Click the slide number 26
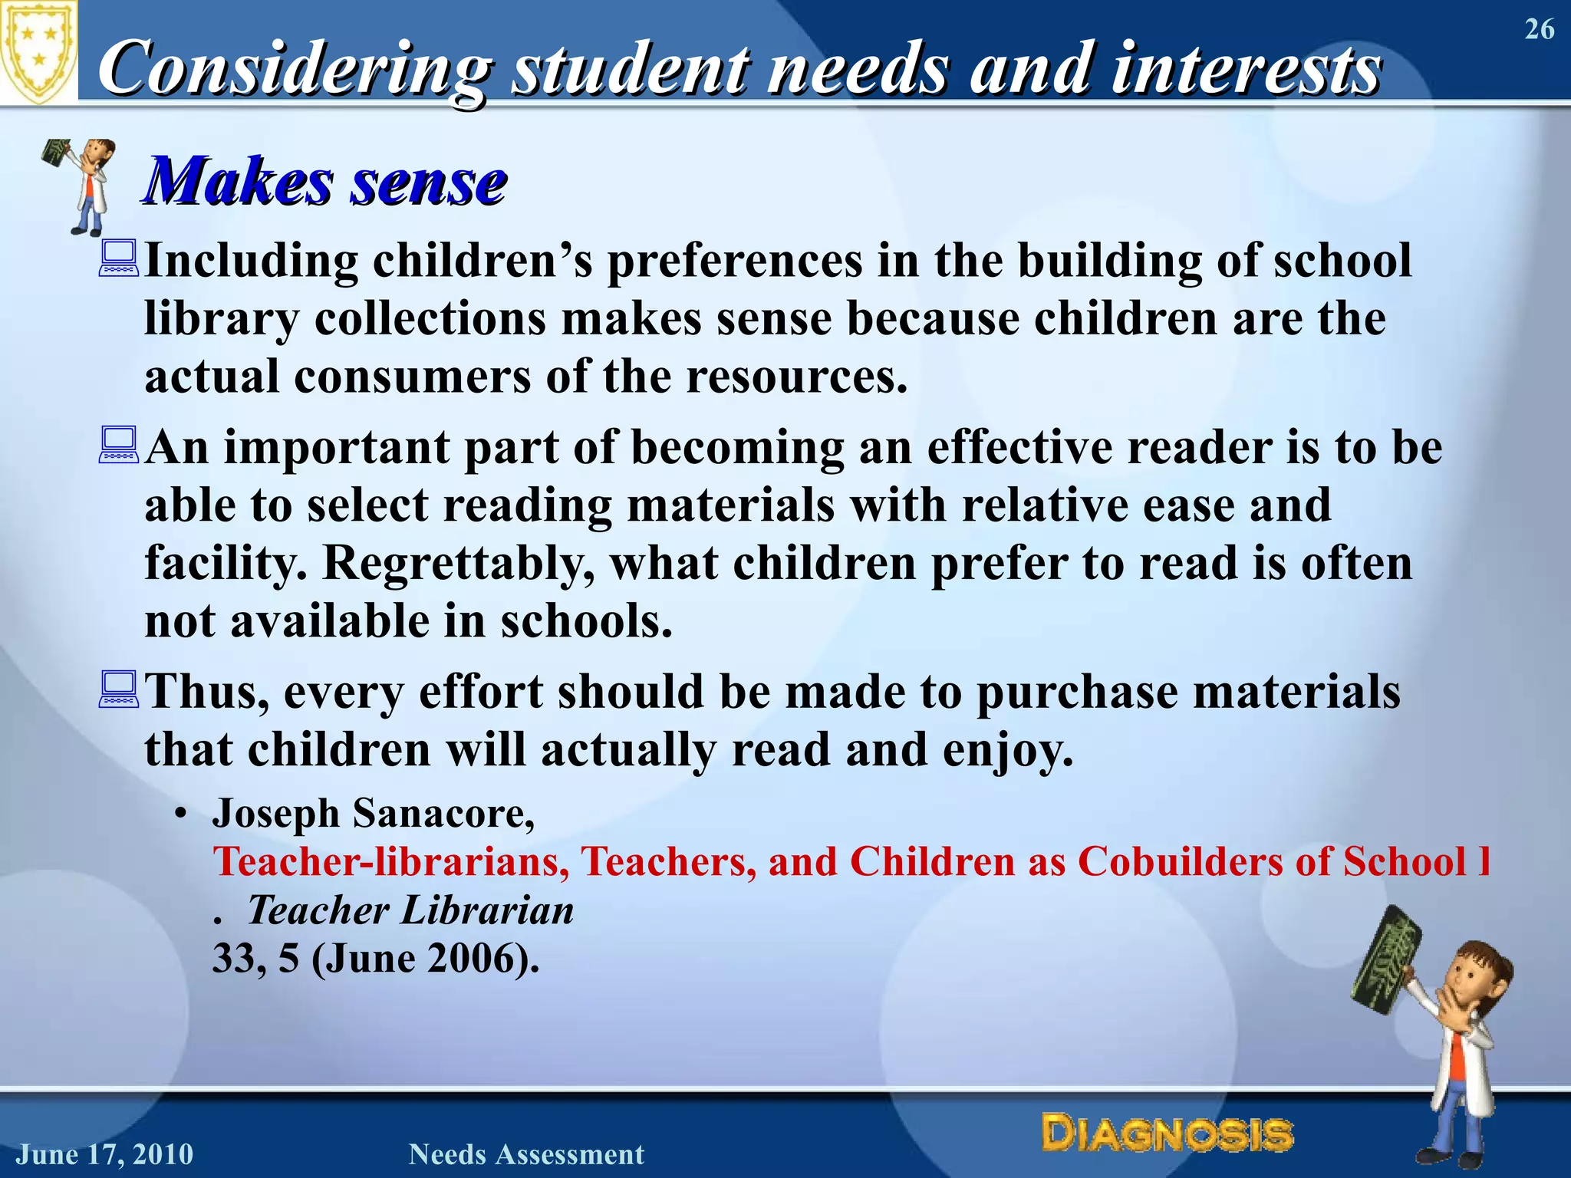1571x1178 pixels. [1539, 30]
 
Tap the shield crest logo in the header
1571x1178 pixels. [38, 52]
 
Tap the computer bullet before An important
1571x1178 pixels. [119, 446]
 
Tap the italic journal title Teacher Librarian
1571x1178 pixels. [410, 910]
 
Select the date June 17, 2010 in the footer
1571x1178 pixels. [105, 1154]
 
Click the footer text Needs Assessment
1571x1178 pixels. [526, 1154]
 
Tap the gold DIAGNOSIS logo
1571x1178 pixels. [1167, 1134]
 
